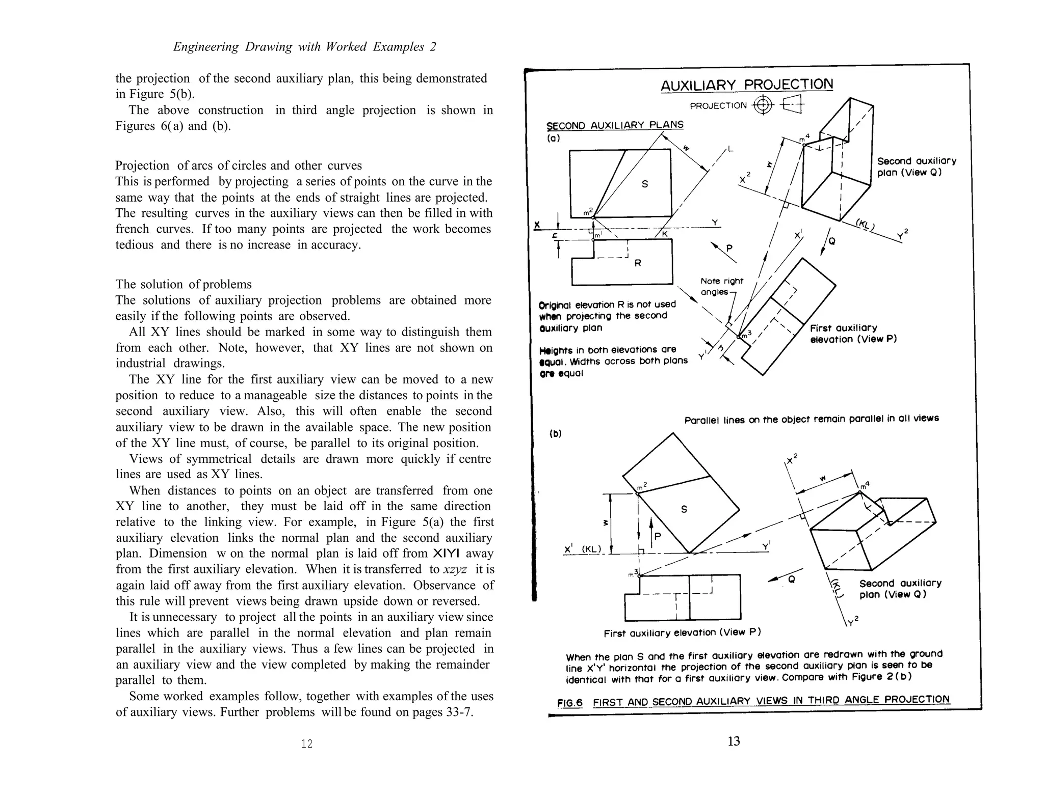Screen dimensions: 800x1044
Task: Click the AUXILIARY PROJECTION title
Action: [746, 85]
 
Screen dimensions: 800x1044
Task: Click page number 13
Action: [734, 741]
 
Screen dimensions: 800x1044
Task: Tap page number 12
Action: [306, 744]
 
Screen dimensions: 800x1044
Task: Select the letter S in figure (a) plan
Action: [645, 184]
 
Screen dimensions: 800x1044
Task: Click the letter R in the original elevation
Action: [638, 263]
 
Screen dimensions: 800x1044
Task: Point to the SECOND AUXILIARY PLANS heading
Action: [614, 125]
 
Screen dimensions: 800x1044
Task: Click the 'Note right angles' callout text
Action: [721, 286]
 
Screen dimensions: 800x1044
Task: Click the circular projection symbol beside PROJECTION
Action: [763, 105]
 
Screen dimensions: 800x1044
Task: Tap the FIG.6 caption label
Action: [570, 703]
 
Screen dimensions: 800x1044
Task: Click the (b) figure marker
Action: [555, 434]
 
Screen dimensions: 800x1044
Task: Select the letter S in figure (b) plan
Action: [684, 509]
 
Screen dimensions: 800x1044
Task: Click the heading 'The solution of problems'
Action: [184, 284]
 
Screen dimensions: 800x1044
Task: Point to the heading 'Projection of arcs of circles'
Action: [238, 165]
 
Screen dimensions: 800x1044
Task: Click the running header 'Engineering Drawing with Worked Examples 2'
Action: [304, 47]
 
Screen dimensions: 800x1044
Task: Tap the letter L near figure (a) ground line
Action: [730, 149]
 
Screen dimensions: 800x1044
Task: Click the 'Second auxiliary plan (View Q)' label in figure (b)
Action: [900, 589]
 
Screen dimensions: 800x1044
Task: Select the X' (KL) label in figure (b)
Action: [582, 549]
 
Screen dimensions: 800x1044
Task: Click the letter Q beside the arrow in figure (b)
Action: [791, 579]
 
